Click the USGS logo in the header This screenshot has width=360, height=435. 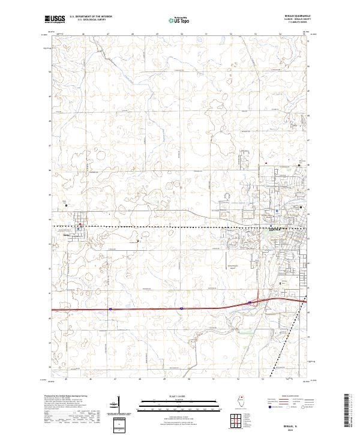pyautogui.click(x=55, y=19)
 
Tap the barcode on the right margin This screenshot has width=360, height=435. pyautogui.click(x=350, y=411)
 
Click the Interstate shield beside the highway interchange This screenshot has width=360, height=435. pyautogui.click(x=249, y=303)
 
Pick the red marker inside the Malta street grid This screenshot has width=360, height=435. pyautogui.click(x=79, y=228)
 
